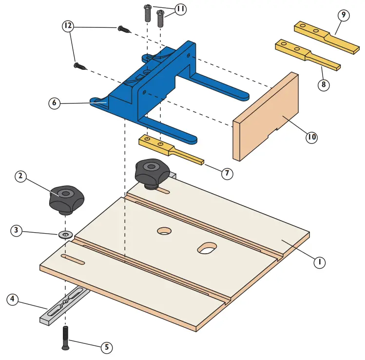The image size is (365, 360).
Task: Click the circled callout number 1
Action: pyautogui.click(x=319, y=262)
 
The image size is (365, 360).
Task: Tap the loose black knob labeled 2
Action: pyautogui.click(x=66, y=199)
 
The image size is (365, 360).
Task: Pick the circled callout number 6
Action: pyautogui.click(x=54, y=103)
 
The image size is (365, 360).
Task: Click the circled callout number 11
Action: pyautogui.click(x=180, y=9)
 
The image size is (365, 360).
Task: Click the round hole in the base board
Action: pyautogui.click(x=164, y=230)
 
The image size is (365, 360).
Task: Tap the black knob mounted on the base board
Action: pyautogui.click(x=152, y=172)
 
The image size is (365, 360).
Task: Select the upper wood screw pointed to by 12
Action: pyautogui.click(x=123, y=30)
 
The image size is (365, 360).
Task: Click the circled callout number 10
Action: pyautogui.click(x=311, y=138)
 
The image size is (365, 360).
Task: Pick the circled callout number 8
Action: pyautogui.click(x=323, y=84)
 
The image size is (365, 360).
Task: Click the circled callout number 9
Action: pyautogui.click(x=344, y=15)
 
